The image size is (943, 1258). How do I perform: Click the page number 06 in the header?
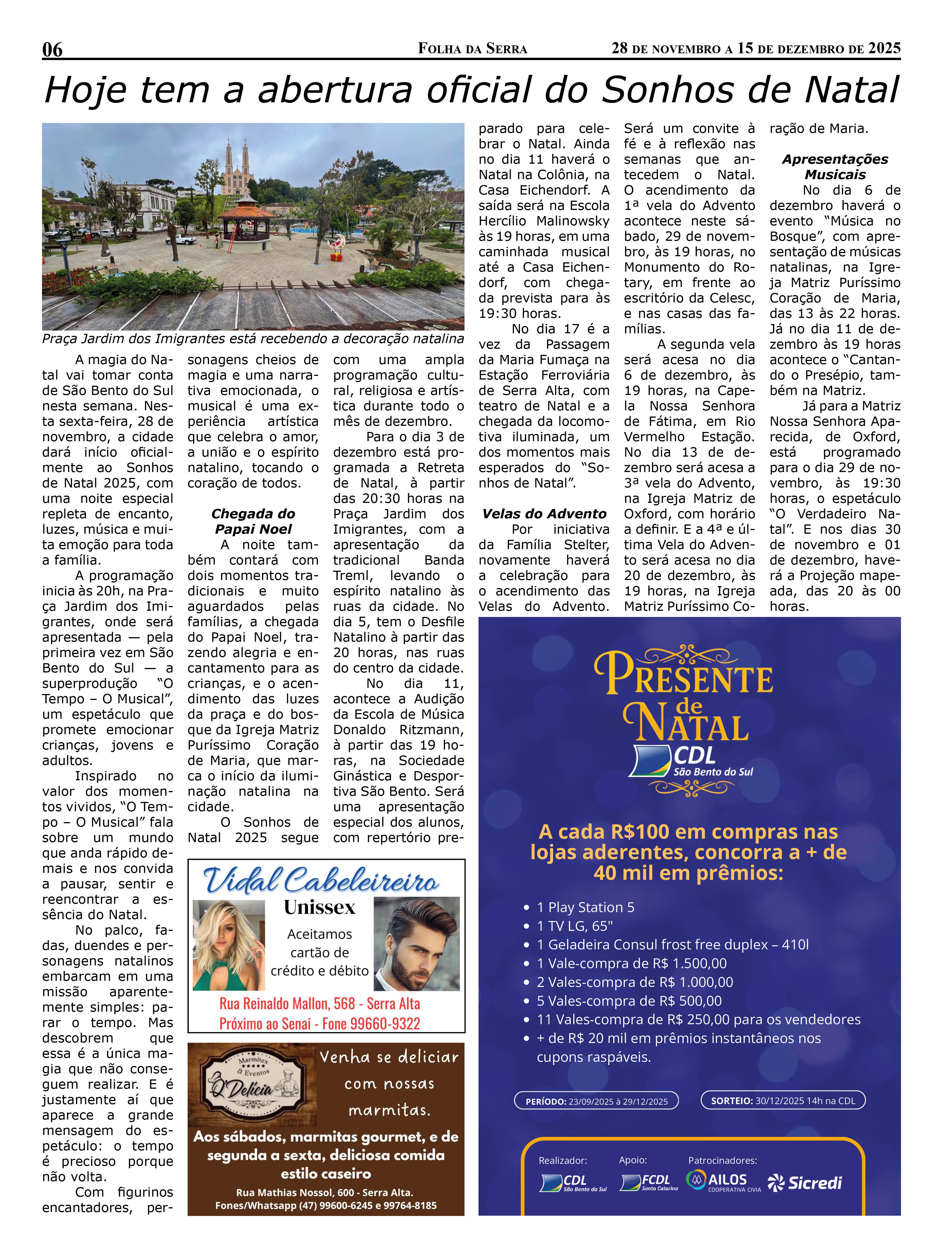[x=52, y=50]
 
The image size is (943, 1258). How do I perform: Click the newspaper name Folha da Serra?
[x=472, y=49]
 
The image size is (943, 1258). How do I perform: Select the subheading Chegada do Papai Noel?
[x=253, y=521]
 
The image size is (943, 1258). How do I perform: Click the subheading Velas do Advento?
[x=544, y=514]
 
